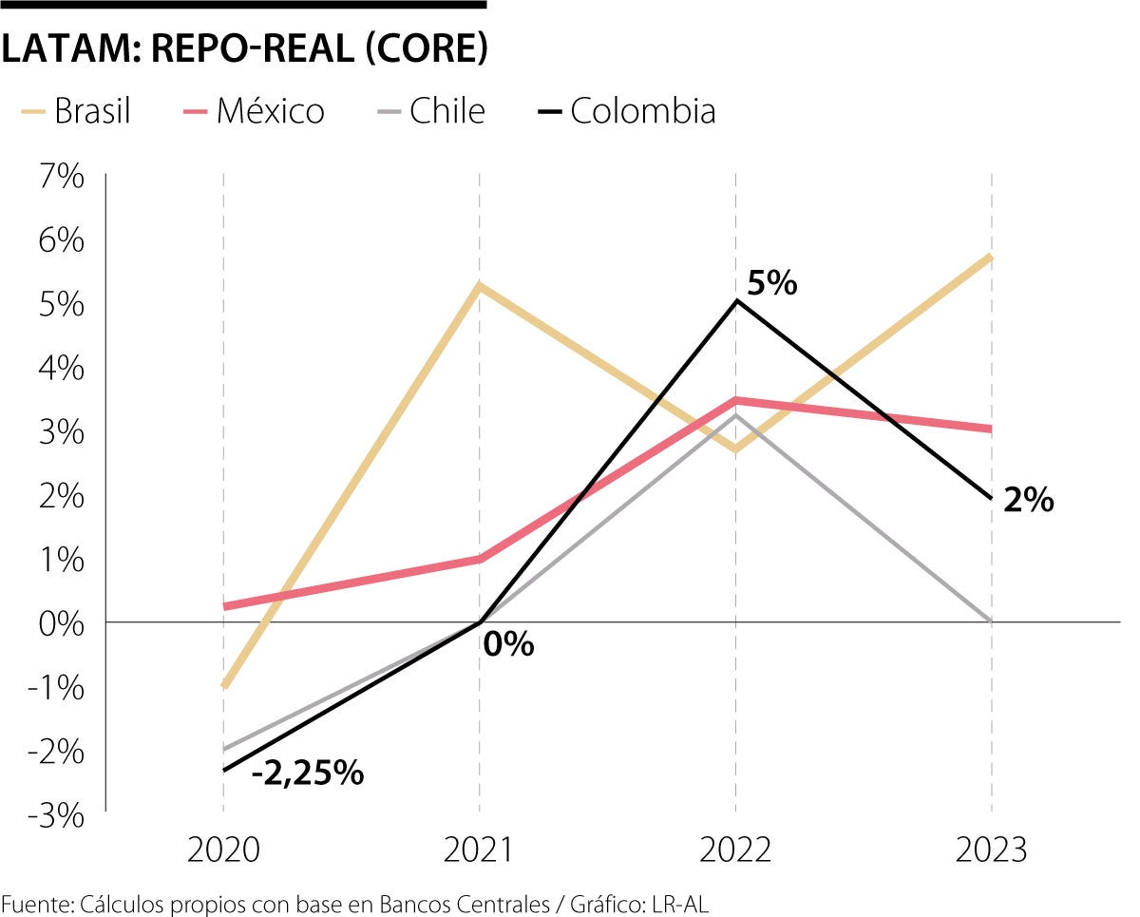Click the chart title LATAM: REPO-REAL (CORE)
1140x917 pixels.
[x=244, y=50]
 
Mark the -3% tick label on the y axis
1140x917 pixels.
[x=59, y=814]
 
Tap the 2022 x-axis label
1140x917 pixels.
[x=735, y=849]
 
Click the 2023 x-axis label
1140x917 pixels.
[x=992, y=849]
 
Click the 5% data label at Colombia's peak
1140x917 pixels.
[x=771, y=283]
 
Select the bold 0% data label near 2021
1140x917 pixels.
[x=508, y=645]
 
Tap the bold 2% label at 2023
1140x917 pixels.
[x=1028, y=500]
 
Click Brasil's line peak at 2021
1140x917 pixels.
[x=480, y=285]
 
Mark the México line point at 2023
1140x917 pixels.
[x=991, y=429]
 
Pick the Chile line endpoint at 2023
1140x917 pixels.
[x=991, y=621]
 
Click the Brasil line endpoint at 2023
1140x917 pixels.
[x=991, y=257]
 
